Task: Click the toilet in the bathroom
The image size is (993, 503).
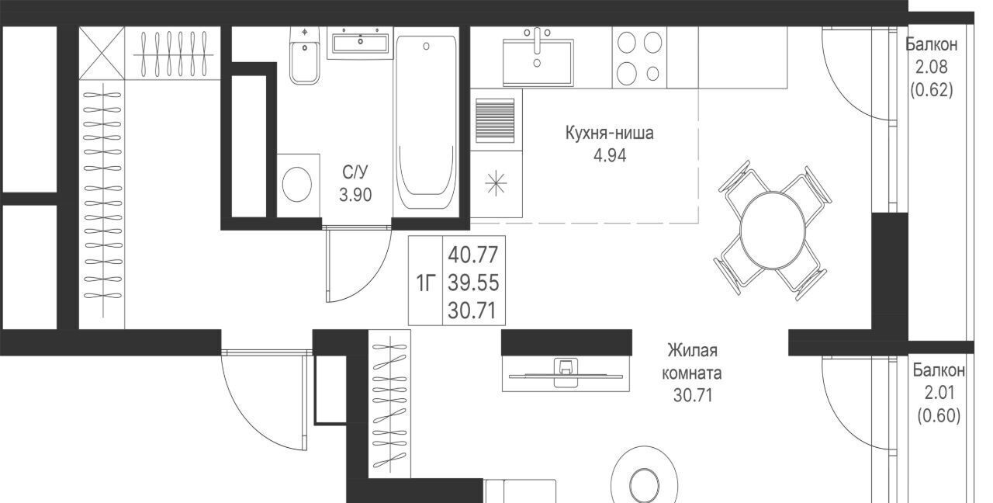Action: (x=305, y=55)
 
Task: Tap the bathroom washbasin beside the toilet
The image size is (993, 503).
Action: (x=361, y=43)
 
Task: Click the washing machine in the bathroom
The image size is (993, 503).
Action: (x=299, y=186)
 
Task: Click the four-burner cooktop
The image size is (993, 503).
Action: (x=639, y=57)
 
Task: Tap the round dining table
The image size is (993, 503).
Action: (x=773, y=230)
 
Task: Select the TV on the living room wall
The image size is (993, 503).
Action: (x=566, y=373)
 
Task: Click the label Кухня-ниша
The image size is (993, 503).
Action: (x=609, y=133)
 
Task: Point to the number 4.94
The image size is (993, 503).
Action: (x=610, y=156)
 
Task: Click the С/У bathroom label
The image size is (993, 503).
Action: (x=355, y=172)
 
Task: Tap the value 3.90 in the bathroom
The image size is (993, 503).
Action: (x=355, y=195)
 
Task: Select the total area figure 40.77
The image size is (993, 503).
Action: (x=473, y=255)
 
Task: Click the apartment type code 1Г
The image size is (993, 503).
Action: (x=426, y=283)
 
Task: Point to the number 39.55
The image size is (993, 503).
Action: (x=473, y=283)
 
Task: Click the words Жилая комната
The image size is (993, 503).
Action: (x=691, y=362)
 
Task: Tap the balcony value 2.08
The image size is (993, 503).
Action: (x=932, y=67)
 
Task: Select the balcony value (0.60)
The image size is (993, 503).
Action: (x=939, y=415)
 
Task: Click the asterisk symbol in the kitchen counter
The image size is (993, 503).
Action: (x=496, y=183)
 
